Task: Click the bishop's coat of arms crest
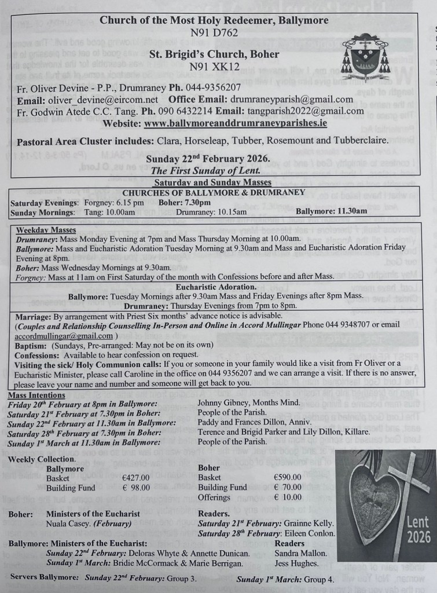[365, 56]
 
